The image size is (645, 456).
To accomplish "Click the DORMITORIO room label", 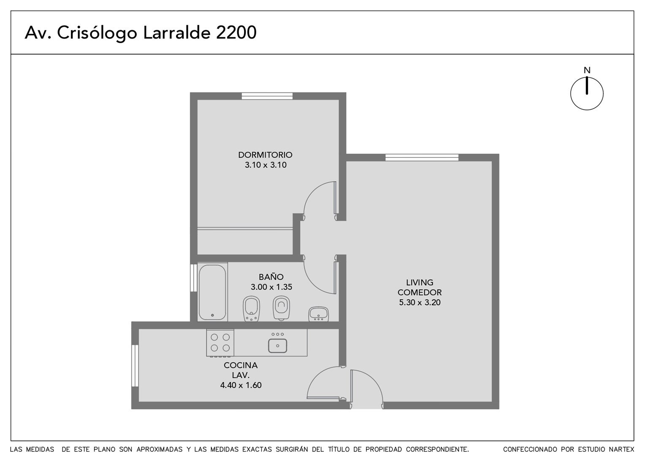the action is coord(265,155).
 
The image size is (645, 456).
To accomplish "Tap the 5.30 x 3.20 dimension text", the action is coord(420,302).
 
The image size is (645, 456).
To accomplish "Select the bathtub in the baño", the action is coord(212,292).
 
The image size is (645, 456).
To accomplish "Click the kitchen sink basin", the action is coord(278,346).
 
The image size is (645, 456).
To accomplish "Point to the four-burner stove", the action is coord(220,343).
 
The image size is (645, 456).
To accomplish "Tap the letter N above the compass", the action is coord(587,70).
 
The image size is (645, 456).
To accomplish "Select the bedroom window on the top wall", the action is coord(267,96).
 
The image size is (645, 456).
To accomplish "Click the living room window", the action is coord(422,157).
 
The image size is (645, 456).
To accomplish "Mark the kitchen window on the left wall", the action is coord(135,366).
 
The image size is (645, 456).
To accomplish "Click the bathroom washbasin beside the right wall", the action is coord(318,314).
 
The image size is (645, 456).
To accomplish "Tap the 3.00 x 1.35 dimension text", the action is coord(271,287).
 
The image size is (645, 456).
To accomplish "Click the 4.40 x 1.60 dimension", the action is coord(241,385).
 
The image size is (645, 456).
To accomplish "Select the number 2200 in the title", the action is coord(236,33).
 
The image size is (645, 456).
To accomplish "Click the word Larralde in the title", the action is coord(177,33).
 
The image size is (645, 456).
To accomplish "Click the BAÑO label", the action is coord(271,277).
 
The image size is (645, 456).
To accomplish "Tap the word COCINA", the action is coord(241,365).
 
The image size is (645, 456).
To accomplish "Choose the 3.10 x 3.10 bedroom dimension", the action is coord(266,165).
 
